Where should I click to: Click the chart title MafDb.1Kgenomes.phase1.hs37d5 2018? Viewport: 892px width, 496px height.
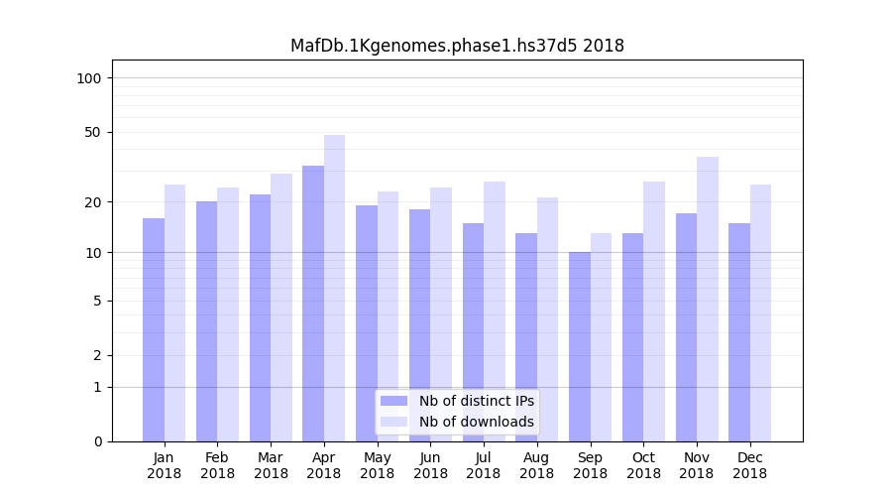[457, 46]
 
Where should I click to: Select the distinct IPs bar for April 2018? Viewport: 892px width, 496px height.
[313, 303]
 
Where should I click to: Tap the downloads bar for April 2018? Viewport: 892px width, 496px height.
[335, 288]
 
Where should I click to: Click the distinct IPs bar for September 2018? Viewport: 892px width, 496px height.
[580, 346]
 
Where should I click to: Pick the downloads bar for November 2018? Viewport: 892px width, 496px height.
[708, 299]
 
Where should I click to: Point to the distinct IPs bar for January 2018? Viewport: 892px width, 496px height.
[154, 329]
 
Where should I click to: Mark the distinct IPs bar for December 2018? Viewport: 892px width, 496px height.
[739, 331]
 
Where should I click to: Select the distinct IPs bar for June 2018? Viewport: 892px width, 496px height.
[419, 324]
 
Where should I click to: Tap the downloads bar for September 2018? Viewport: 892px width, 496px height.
[602, 336]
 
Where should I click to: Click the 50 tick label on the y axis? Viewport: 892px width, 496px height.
[93, 132]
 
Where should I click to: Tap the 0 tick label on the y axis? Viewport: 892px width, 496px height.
[97, 441]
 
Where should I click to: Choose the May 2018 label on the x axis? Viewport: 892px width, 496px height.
[378, 465]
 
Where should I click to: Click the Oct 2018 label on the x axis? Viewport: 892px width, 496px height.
[643, 465]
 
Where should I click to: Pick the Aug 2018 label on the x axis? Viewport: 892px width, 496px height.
[537, 465]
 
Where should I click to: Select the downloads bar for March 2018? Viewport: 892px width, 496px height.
[281, 307]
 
